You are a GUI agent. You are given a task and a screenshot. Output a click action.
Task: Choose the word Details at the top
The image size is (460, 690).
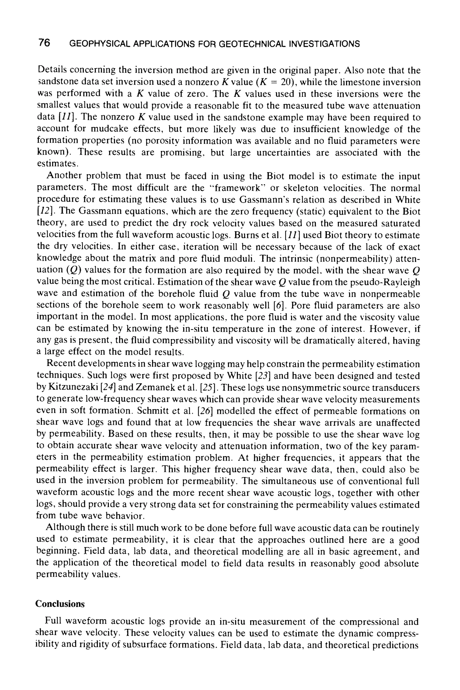coord(52,70)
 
